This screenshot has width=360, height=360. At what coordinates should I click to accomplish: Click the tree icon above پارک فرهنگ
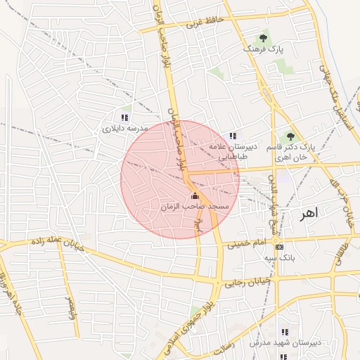click(x=264, y=37)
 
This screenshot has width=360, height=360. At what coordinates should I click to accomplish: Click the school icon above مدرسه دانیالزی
click(x=124, y=117)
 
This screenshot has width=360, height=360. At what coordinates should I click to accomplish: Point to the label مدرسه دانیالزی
click(x=124, y=129)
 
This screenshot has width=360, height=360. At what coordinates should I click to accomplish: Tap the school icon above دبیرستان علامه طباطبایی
click(x=233, y=136)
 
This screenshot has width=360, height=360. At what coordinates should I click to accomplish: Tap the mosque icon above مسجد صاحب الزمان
click(x=195, y=195)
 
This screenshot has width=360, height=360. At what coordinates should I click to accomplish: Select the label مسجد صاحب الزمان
click(x=195, y=207)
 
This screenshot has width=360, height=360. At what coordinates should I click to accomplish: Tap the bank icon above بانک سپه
click(x=280, y=247)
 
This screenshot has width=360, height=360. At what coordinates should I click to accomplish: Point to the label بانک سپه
click(x=279, y=259)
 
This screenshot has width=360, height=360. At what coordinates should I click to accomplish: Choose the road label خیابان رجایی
click(x=243, y=283)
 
